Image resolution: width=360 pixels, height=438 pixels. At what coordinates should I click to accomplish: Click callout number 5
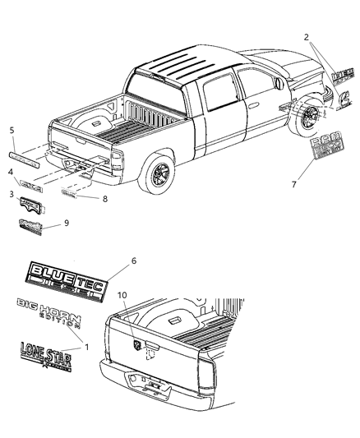pos(11,130)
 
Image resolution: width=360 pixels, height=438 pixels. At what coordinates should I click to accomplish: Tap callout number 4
pos(11,172)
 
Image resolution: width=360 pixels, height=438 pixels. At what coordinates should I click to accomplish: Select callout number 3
pos(11,193)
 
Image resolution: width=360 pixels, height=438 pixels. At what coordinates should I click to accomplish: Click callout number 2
pos(306,37)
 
